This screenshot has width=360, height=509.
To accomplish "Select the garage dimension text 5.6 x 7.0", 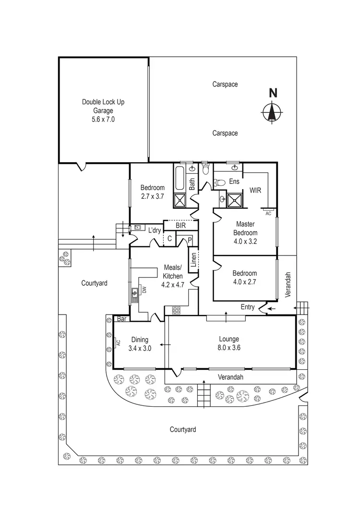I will pyautogui.click(x=103, y=120).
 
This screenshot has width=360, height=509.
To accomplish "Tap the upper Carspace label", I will pyautogui.click(x=225, y=85).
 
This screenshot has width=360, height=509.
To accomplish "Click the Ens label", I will pyautogui.click(x=234, y=182).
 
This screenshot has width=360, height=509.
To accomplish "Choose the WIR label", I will pyautogui.click(x=255, y=190).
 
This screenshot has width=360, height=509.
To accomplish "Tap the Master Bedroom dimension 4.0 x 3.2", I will pyautogui.click(x=245, y=242).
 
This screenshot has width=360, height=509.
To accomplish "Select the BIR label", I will pyautogui.click(x=180, y=225).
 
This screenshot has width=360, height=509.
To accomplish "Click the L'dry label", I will pyautogui.click(x=154, y=230).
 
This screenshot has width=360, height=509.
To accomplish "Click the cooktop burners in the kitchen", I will pyautogui.click(x=176, y=311).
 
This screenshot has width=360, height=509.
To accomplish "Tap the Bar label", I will pyautogui.click(x=121, y=318).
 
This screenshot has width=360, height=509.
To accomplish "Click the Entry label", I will pyautogui.click(x=248, y=307).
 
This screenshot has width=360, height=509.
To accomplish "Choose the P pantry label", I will pyautogui.click(x=190, y=240).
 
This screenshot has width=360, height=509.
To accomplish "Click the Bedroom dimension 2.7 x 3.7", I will pyautogui.click(x=153, y=196).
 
